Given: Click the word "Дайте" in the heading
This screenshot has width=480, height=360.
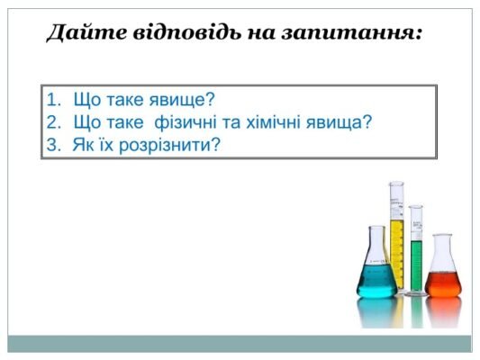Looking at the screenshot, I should tap(75, 33).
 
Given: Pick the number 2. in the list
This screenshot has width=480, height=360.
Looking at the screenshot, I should tap(53, 122).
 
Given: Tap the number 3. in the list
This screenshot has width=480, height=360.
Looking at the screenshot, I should tap(53, 144).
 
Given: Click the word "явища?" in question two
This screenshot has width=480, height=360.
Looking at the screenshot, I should tap(340, 122).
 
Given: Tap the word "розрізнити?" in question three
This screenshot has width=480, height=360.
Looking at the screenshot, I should tap(177, 144).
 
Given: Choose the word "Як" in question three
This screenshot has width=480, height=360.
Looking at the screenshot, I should tap(83, 144).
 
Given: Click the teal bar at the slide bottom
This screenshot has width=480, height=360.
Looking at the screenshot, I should tap(240, 343).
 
